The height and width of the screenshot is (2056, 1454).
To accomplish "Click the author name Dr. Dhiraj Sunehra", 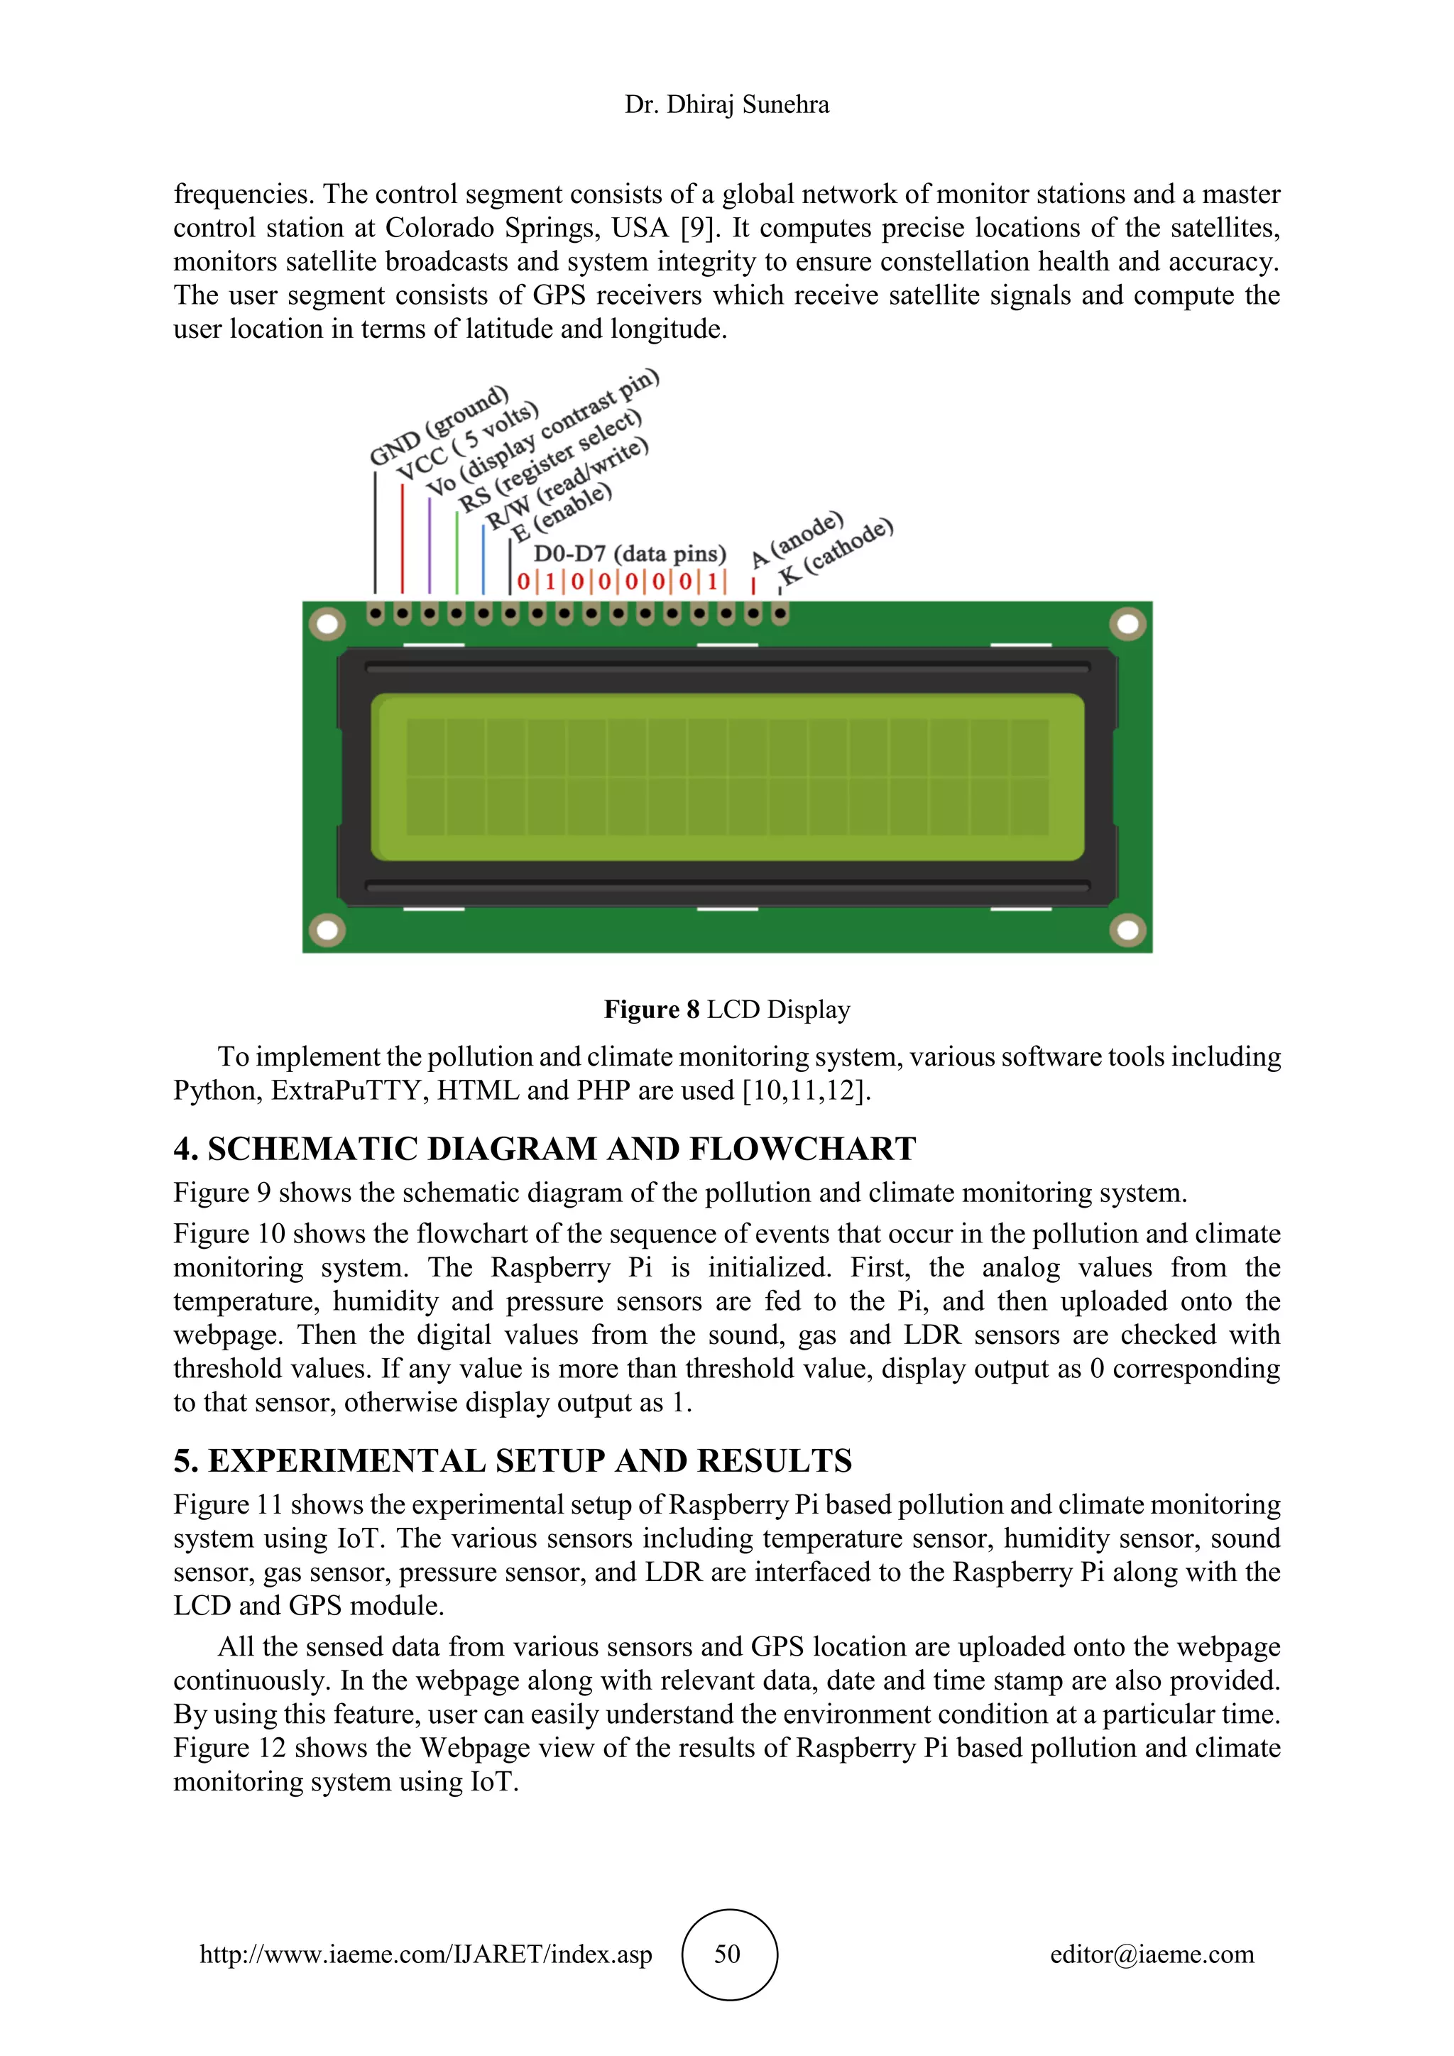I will pos(726,105).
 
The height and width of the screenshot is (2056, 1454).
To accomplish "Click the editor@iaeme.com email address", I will pos(1152,1954).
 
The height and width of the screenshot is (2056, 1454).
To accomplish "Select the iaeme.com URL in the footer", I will pos(425,1954).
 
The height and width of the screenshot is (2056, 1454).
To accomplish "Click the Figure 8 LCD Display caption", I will pos(726,1010).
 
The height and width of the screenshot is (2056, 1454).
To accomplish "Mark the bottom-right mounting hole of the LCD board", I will pos(1127,929).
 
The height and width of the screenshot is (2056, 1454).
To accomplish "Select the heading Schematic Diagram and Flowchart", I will pos(545,1149).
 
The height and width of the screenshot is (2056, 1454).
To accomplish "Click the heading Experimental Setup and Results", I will pos(512,1460).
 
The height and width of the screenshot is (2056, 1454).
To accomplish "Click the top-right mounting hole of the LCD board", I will pos(1127,623).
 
